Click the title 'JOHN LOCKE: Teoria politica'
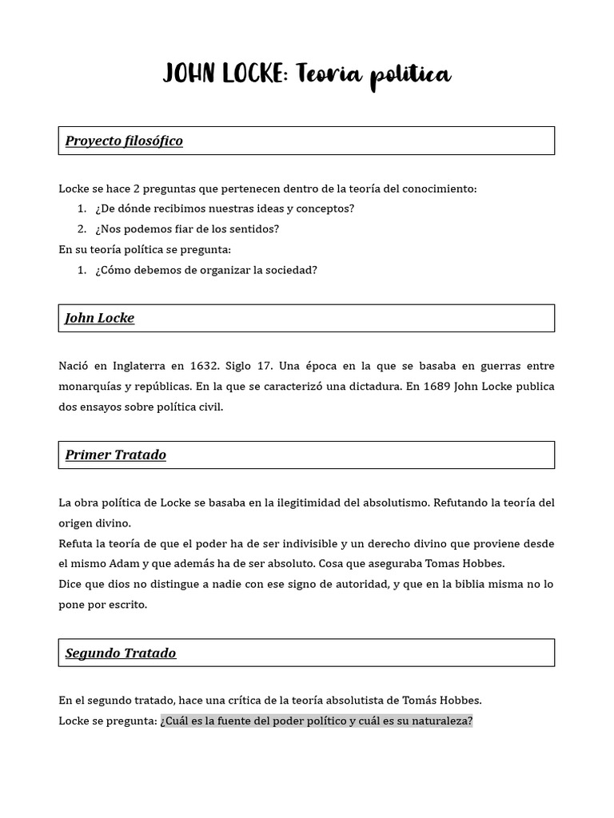(x=307, y=75)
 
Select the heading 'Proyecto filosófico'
(x=124, y=141)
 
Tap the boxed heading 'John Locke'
(x=100, y=318)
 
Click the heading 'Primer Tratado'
(x=116, y=455)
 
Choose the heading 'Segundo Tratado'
(x=121, y=653)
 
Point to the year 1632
(x=205, y=366)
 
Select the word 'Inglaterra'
(x=129, y=366)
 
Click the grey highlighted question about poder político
(x=316, y=721)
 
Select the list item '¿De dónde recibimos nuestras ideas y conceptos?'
(x=224, y=208)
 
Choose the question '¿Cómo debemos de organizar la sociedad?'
(x=205, y=270)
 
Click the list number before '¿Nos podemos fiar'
(x=82, y=229)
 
